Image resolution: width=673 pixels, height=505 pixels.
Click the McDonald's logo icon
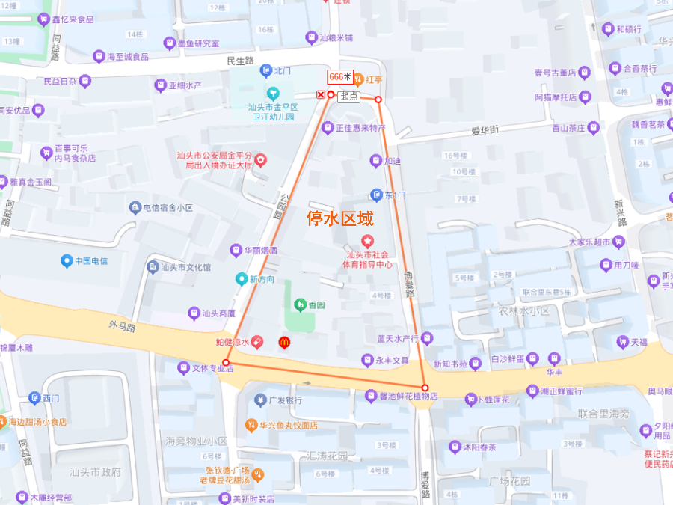click(284, 343)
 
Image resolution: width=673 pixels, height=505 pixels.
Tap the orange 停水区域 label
click(340, 218)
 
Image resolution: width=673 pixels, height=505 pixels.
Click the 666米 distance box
click(340, 76)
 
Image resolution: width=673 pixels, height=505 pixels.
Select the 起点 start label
click(348, 96)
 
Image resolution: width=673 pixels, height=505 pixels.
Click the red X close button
click(321, 94)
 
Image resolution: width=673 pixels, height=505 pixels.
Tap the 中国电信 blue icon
click(67, 261)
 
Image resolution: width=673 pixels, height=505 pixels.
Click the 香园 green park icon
click(300, 304)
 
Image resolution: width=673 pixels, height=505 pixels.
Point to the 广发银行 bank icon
click(260, 400)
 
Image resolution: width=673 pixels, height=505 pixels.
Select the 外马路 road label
click(121, 328)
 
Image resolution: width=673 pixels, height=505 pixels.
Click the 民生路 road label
click(240, 60)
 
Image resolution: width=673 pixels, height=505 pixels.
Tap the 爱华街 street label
click(485, 130)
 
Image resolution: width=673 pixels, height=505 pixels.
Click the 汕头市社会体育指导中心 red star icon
click(367, 241)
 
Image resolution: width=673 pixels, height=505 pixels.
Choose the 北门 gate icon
click(265, 71)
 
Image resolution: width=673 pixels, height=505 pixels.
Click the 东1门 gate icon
click(376, 195)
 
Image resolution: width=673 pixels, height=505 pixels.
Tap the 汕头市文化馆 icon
click(153, 267)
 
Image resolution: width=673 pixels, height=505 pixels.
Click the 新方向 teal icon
click(242, 279)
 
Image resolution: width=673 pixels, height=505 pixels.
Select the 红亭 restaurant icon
click(357, 79)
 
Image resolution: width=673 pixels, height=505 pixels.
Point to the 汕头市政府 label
click(95, 472)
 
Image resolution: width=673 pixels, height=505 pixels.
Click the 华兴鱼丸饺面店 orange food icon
click(252, 425)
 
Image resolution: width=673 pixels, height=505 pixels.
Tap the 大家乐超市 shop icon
click(618, 242)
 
